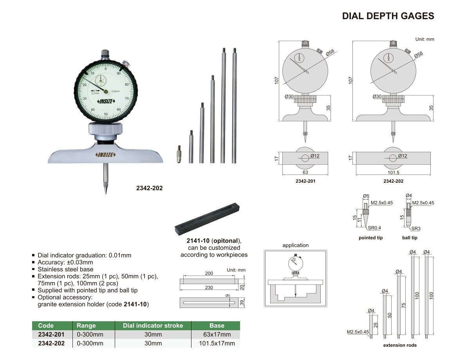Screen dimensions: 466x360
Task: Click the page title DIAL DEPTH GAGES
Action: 388,16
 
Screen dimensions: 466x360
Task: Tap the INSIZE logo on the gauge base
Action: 105,155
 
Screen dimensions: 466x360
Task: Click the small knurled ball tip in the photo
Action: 179,154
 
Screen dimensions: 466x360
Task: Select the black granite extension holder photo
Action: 207,219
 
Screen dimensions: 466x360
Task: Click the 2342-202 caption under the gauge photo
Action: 150,188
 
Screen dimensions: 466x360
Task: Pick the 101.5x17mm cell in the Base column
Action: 217,343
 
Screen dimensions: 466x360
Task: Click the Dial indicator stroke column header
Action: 153,326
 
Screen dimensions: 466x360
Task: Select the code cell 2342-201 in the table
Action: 51,335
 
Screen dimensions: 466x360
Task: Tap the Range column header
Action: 86,326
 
